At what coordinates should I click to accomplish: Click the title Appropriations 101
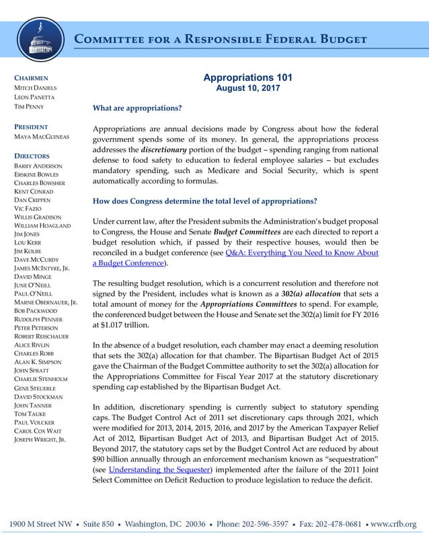tap(247, 78)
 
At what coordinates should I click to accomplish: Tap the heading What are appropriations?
tap(137, 108)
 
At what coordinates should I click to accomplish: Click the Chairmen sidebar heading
tap(31, 78)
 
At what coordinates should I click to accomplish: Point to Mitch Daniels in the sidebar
tap(36, 88)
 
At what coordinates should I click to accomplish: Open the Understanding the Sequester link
tap(160, 468)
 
